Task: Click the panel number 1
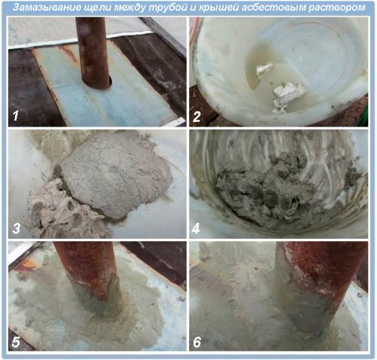pyautogui.click(x=16, y=116)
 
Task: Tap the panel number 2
pyautogui.click(x=197, y=117)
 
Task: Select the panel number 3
pyautogui.click(x=17, y=228)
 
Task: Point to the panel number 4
pyautogui.click(x=196, y=229)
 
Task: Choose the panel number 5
pyautogui.click(x=16, y=342)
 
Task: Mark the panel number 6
pyautogui.click(x=197, y=342)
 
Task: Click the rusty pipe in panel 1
pyautogui.click(x=93, y=52)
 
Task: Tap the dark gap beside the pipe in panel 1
pyautogui.click(x=111, y=81)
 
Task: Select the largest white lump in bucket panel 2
pyautogui.click(x=289, y=96)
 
